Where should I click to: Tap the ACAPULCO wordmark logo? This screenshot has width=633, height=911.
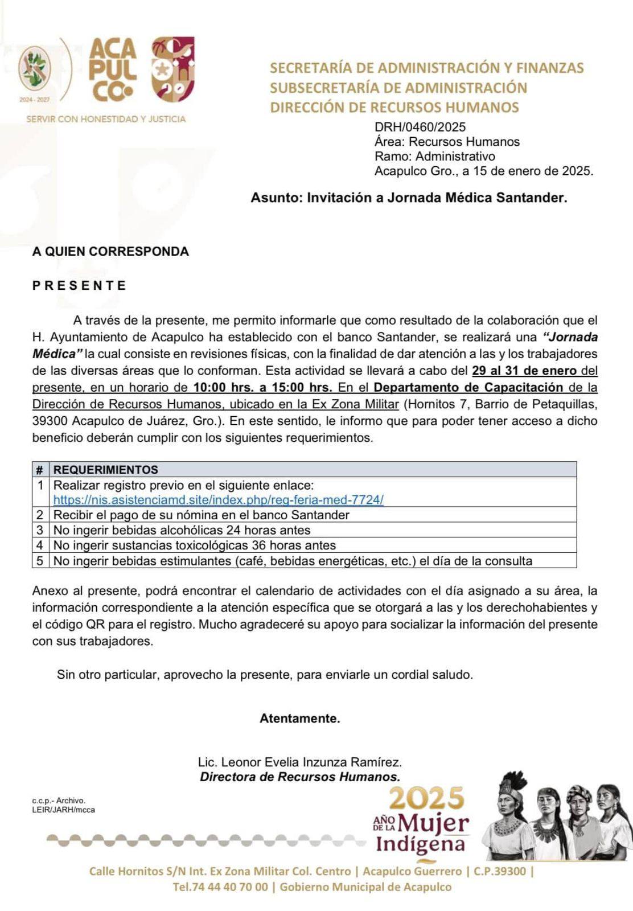tap(112, 69)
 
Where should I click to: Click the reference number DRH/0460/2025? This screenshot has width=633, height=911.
tap(420, 127)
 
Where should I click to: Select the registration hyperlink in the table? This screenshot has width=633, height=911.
tap(218, 500)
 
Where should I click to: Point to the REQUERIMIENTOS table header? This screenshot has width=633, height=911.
tap(106, 470)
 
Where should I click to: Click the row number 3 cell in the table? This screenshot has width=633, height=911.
tap(40, 530)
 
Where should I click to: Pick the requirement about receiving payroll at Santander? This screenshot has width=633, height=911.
tap(201, 515)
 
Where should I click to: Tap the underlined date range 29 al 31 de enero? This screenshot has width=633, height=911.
tap(524, 371)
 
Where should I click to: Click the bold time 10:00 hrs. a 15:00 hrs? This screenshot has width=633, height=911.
tap(262, 388)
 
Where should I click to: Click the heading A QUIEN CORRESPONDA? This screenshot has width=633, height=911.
tap(110, 251)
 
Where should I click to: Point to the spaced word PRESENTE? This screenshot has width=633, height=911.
tap(79, 285)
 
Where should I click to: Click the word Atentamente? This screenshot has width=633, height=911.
tap(299, 719)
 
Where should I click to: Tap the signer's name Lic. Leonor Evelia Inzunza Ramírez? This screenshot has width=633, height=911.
tap(299, 762)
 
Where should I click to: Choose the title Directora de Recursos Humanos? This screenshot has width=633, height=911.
tap(299, 777)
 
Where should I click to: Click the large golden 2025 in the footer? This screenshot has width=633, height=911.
tap(426, 798)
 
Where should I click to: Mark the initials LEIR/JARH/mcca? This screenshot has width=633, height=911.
tap(63, 810)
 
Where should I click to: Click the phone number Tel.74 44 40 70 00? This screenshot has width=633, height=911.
tap(220, 887)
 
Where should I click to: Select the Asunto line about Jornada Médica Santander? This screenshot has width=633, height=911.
tap(409, 198)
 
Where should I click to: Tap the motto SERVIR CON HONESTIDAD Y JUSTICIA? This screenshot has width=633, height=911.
tap(106, 119)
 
